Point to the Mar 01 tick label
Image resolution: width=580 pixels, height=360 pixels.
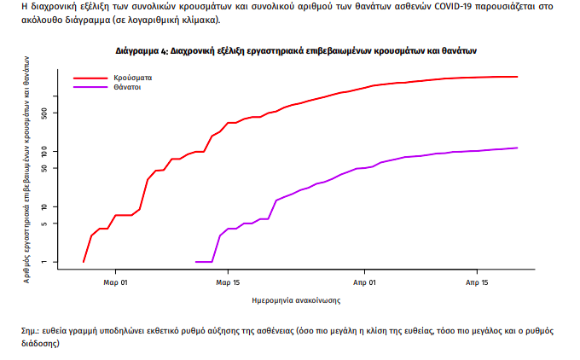[x=116, y=281]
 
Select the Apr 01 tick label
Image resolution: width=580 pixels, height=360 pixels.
[x=363, y=281]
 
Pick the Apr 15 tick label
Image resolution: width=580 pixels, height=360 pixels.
[x=477, y=281]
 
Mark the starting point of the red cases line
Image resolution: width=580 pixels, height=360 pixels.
[x=84, y=262]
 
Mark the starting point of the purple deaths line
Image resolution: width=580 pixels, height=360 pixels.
[x=196, y=262]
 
